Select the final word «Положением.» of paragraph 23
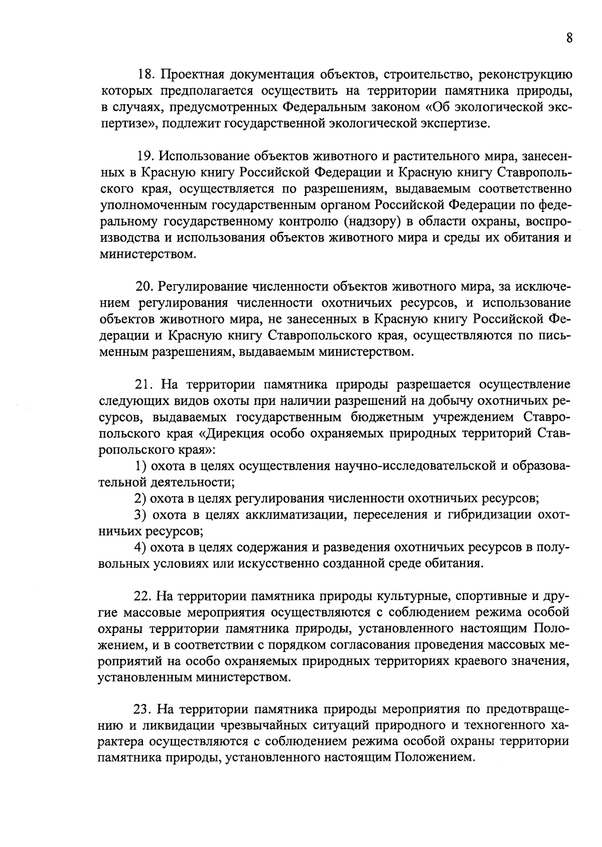[434, 757]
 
